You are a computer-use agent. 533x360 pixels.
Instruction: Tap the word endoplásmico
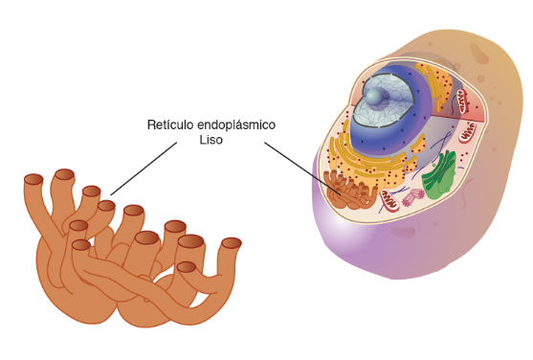tap(236, 125)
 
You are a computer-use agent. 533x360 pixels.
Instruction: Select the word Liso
tap(211, 140)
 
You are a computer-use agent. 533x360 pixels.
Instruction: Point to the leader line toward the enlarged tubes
tap(144, 169)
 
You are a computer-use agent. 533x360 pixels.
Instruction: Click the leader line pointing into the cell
tap(302, 169)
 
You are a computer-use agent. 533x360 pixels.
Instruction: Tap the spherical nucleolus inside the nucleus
tap(373, 97)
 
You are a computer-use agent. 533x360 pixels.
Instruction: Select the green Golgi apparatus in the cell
tap(439, 176)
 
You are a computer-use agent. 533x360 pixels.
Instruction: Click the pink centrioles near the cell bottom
tap(413, 197)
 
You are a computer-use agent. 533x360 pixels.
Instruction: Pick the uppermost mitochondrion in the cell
tap(462, 101)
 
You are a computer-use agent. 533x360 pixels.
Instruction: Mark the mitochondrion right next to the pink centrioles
tap(389, 200)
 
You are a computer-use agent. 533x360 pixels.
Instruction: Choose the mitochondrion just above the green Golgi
tap(468, 132)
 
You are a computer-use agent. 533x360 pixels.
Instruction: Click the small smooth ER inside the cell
tap(350, 191)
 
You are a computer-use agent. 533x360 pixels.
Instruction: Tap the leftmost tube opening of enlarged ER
tap(33, 179)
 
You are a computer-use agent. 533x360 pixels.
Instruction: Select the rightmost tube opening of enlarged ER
tap(232, 243)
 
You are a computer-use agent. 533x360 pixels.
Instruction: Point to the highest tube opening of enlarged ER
tap(64, 174)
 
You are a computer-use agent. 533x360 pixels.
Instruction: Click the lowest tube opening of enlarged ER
tap(187, 267)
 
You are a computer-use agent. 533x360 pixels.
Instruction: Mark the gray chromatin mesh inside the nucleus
tap(384, 101)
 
